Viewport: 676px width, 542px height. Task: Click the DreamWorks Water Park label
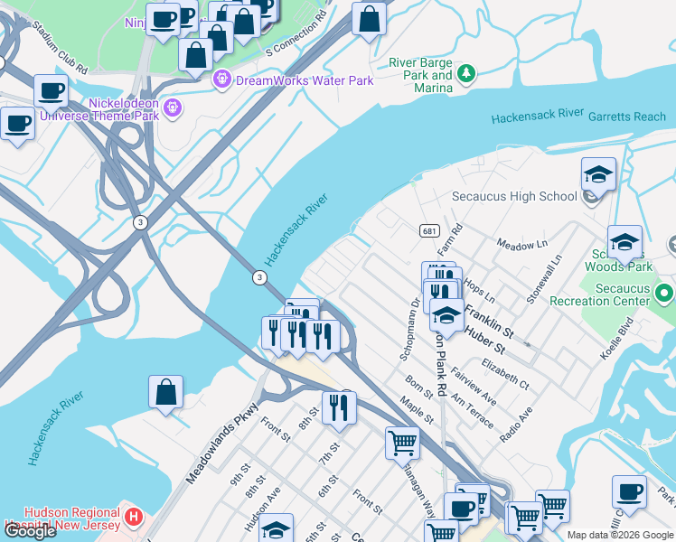point(305,80)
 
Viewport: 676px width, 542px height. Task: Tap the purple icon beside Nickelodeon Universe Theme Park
point(174,109)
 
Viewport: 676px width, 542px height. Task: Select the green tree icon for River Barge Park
point(466,73)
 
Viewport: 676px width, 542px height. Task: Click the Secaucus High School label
point(513,196)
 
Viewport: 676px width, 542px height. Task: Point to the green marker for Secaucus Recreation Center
point(665,294)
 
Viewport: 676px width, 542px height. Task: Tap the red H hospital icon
point(134,518)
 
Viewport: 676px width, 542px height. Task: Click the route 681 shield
point(429,231)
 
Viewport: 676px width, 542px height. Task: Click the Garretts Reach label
point(626,117)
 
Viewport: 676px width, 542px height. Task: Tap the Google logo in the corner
point(30,531)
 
